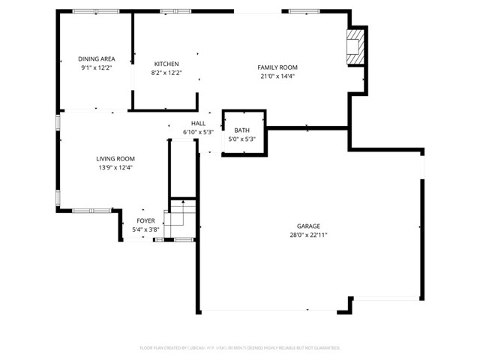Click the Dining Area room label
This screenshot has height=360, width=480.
[96, 58]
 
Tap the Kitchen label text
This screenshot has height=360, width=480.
[166, 64]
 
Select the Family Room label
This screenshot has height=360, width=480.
[283, 67]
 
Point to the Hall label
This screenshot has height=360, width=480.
[198, 123]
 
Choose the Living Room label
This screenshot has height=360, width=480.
[115, 158]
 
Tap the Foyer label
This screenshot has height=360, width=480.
[145, 220]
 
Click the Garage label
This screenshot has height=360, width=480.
[308, 226]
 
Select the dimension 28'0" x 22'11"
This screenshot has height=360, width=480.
[308, 235]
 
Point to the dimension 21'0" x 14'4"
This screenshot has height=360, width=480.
[283, 76]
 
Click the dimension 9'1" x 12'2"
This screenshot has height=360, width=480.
[96, 67]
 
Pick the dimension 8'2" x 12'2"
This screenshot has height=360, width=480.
[166, 73]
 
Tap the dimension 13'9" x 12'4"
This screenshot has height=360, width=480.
[115, 167]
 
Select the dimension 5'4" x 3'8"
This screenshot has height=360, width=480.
[145, 229]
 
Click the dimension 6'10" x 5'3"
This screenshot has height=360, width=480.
[198, 132]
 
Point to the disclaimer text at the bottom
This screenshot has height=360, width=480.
[240, 348]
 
